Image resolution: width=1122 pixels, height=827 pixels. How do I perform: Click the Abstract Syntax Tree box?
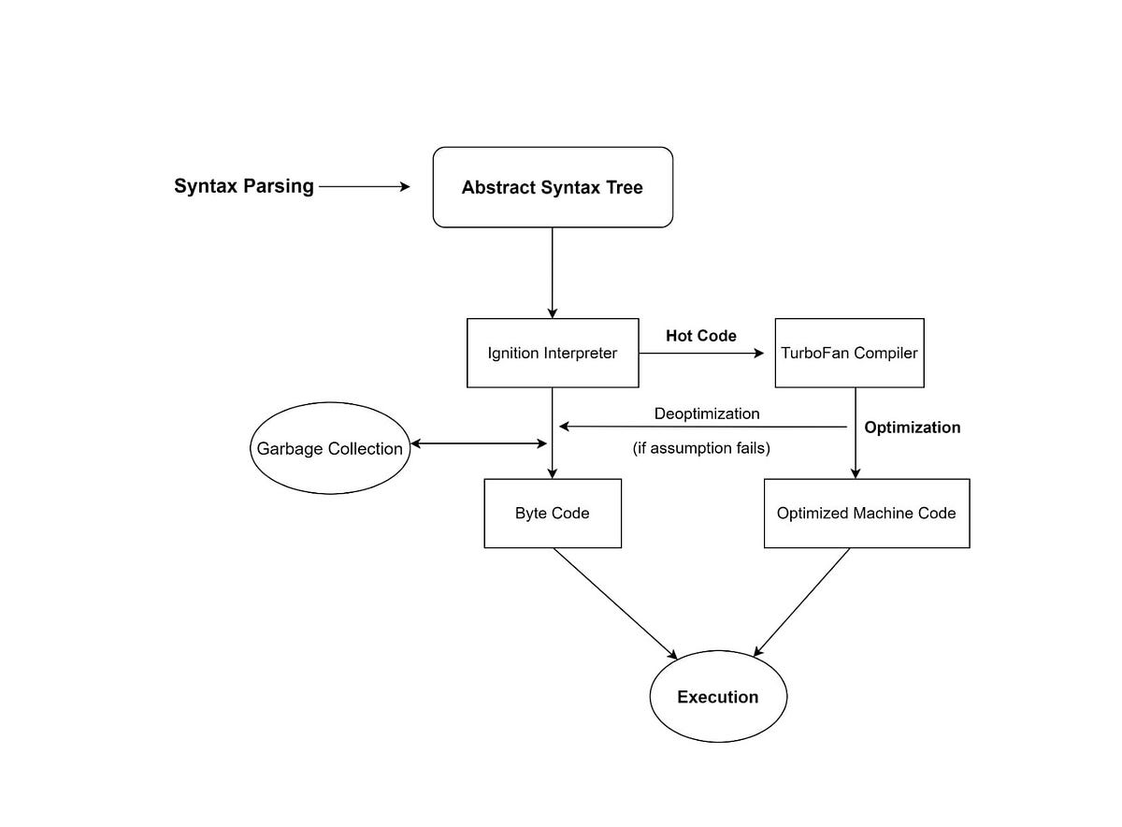(x=553, y=187)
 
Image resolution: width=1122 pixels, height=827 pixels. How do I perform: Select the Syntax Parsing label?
(x=244, y=186)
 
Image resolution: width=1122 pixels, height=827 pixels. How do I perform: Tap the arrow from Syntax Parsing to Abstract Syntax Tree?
(x=365, y=187)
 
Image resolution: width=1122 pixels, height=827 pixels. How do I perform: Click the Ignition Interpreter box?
(x=553, y=354)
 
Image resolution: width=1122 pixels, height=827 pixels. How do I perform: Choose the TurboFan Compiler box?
(x=849, y=354)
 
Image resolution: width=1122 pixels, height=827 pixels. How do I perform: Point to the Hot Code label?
(x=701, y=336)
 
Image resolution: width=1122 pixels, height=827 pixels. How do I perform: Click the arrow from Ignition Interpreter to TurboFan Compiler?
(x=701, y=354)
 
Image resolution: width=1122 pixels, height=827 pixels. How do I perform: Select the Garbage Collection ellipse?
(x=329, y=448)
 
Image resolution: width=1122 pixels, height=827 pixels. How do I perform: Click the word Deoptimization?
(x=707, y=413)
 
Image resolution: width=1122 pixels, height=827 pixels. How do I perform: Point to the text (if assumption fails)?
(x=701, y=448)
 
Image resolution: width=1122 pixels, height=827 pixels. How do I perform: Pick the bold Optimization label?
(x=912, y=428)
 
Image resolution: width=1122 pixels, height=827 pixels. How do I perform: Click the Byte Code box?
(x=553, y=514)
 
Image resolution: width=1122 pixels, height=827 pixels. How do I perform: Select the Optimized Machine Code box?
(x=867, y=514)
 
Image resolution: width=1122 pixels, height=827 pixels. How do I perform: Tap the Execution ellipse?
(x=718, y=697)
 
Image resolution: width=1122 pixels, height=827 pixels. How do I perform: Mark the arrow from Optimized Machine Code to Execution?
(x=802, y=602)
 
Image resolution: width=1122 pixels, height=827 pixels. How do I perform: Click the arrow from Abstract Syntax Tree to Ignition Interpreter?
(x=553, y=271)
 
